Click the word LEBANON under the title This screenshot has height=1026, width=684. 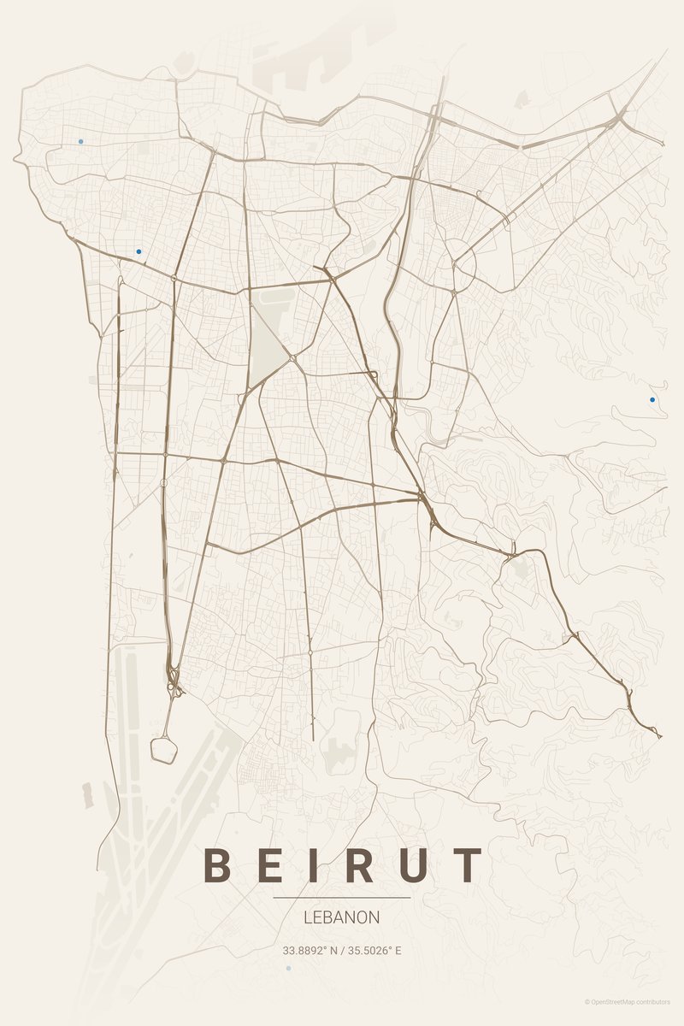tap(342, 917)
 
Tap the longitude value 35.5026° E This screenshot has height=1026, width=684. tap(373, 950)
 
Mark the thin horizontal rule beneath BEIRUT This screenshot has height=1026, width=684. tap(342, 898)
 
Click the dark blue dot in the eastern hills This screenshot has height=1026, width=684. tap(652, 399)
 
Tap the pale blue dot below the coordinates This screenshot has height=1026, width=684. tap(288, 968)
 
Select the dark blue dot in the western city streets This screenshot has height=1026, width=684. tap(139, 251)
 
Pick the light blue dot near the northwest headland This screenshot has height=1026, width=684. tap(81, 141)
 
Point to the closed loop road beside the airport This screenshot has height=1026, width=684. tap(164, 749)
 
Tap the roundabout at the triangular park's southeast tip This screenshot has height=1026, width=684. tap(292, 358)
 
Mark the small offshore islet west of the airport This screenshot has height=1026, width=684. tap(86, 793)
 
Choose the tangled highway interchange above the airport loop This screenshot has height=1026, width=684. tap(174, 681)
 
